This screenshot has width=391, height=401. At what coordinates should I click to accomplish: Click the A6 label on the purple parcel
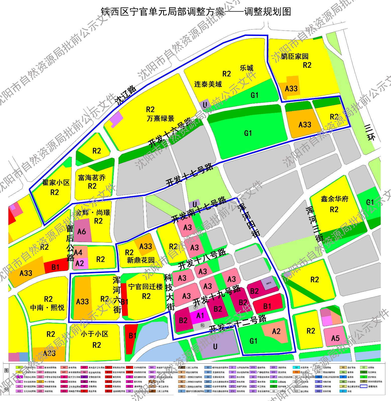[x=82, y=231]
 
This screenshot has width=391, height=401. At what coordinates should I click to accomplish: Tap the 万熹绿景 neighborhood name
[x=160, y=118]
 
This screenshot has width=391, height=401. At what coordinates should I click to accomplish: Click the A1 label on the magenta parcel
[x=200, y=316]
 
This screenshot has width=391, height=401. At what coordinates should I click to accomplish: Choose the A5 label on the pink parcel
[x=335, y=338]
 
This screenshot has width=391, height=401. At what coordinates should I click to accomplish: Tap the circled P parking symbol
[x=196, y=307]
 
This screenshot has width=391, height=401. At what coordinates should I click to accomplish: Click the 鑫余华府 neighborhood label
[x=335, y=199]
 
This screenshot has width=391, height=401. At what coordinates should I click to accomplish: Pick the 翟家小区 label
[x=56, y=182]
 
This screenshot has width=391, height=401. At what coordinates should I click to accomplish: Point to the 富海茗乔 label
[x=92, y=178]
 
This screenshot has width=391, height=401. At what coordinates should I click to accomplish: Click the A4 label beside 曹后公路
[x=78, y=252]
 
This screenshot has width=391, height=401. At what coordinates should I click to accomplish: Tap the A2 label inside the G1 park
[x=276, y=331]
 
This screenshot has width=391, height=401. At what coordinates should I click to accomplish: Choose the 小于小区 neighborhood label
[x=95, y=334]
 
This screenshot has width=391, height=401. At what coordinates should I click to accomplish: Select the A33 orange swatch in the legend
[x=40, y=382]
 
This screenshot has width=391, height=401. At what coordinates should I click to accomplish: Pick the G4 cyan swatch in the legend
[x=296, y=367]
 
